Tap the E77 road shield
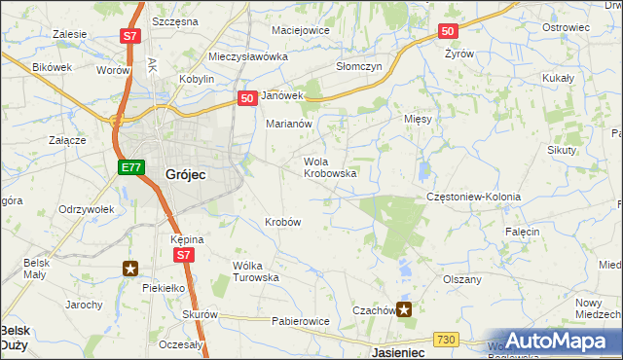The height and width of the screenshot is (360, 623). click(132, 168)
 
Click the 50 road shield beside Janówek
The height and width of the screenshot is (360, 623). click(247, 97)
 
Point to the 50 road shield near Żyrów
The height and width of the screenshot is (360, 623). click(447, 32)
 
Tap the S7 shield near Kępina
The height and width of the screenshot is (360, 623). click(185, 255)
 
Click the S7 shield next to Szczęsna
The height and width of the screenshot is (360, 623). click(131, 37)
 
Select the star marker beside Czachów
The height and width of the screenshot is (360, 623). click(404, 310)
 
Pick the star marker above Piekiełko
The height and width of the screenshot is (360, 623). click(130, 268)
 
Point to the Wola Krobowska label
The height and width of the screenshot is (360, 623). click(330, 167)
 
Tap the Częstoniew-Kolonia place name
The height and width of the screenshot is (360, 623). click(474, 197)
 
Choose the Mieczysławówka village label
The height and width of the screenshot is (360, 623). click(249, 57)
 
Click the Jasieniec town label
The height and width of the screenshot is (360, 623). click(399, 352)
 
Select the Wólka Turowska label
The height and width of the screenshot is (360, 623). click(256, 270)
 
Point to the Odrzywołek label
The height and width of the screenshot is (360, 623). click(87, 209)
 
